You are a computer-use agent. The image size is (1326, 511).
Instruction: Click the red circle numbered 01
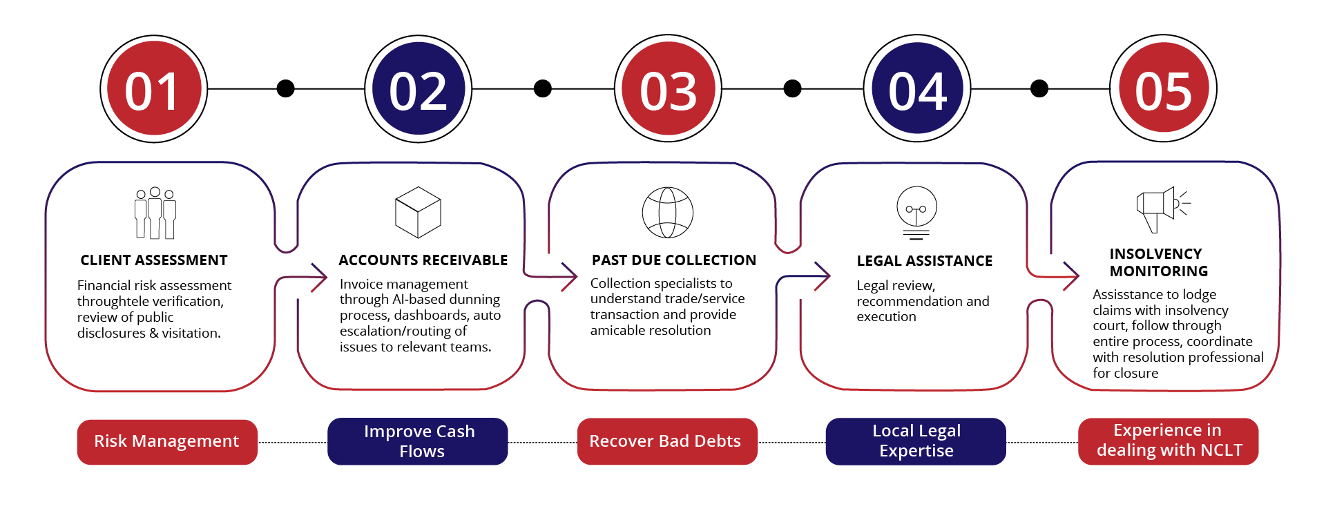[153, 89]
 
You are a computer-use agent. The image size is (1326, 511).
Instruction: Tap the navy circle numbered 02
[418, 89]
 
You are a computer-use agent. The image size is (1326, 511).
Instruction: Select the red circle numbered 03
[668, 89]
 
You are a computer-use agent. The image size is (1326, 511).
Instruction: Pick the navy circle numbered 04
[917, 89]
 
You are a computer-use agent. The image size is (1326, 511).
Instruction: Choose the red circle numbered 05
[1163, 89]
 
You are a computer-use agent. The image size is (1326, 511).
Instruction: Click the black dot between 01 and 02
[285, 88]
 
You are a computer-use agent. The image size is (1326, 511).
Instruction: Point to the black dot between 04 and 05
[1039, 88]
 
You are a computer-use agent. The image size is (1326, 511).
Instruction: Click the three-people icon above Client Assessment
[155, 213]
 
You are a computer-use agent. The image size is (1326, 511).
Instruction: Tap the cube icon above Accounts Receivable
[418, 212]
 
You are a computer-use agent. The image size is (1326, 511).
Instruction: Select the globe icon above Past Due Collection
[667, 213]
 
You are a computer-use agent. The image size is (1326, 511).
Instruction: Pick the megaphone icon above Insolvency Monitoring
[1162, 209]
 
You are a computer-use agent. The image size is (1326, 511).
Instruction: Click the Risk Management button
[167, 442]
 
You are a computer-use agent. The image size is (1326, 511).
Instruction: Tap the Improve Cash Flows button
[418, 441]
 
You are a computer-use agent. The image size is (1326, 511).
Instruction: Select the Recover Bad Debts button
[666, 441]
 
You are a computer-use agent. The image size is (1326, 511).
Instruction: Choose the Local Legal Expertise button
[916, 441]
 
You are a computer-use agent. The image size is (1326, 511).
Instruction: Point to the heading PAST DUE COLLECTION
[673, 260]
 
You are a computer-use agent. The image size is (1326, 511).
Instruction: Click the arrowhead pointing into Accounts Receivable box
[320, 278]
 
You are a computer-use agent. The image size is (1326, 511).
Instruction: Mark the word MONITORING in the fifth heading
[1159, 271]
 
